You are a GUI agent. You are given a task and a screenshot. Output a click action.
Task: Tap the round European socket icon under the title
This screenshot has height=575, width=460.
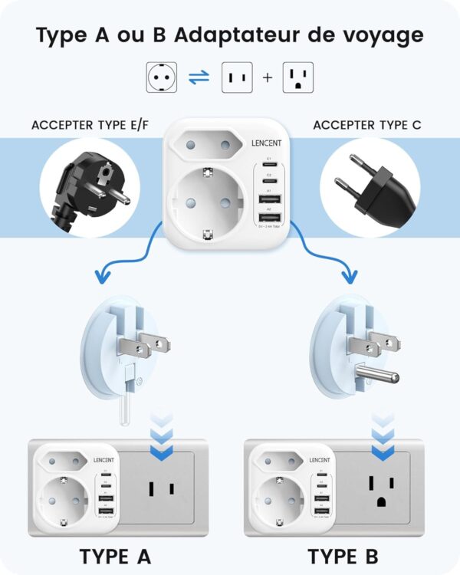162,77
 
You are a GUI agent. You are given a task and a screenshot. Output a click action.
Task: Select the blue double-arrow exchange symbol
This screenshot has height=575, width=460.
199,77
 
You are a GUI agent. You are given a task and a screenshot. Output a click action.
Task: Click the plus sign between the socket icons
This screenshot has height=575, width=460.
266,78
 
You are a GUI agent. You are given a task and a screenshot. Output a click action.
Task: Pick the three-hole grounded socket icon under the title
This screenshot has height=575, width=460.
298,77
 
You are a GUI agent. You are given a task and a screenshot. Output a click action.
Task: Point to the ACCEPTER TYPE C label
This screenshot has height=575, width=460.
366,125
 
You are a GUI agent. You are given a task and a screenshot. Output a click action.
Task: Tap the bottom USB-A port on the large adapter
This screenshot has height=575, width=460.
269,219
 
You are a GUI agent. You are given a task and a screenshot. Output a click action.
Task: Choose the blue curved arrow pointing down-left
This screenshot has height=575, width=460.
130,257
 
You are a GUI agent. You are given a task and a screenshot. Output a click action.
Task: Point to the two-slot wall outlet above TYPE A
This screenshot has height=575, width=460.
160,488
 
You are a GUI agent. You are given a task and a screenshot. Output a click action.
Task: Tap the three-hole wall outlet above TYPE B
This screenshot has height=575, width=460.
379,488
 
